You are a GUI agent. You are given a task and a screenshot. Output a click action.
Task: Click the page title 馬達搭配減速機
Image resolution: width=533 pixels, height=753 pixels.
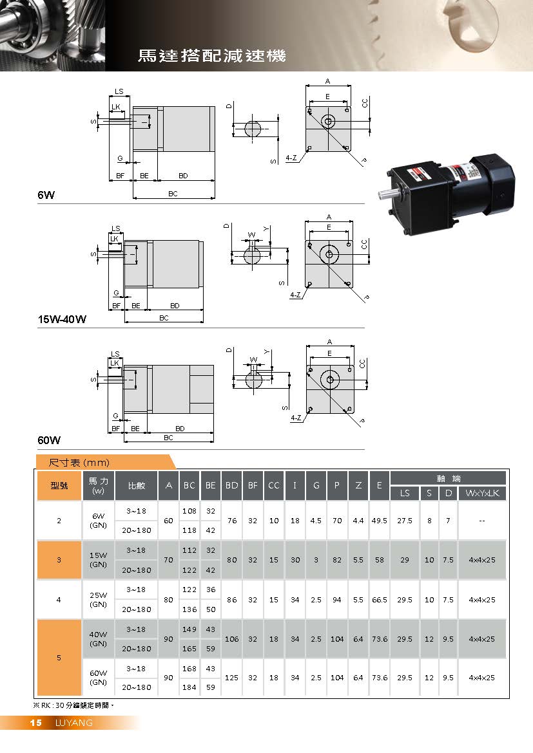point(211,56)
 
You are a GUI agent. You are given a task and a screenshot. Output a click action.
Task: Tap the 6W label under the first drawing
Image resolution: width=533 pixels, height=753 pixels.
point(46,193)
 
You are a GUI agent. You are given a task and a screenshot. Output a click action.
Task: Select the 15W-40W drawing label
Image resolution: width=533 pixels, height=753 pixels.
point(61,319)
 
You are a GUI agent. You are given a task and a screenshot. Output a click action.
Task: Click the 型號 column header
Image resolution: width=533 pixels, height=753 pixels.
point(59,485)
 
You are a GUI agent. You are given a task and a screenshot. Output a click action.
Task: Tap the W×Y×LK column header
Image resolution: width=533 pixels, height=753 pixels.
point(481,494)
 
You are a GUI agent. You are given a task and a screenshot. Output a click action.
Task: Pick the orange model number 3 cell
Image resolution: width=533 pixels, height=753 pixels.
point(59,560)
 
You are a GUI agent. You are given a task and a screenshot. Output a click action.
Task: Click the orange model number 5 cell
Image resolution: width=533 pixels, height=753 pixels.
point(59,657)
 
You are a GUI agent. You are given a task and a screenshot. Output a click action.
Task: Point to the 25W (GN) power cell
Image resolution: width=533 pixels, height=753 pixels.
point(98,600)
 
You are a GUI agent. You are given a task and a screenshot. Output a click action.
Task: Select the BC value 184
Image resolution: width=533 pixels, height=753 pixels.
point(189,687)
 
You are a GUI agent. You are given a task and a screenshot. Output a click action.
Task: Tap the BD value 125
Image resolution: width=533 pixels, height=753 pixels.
point(231,678)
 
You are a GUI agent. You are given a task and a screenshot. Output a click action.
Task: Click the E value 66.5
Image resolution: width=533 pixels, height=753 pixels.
point(379,600)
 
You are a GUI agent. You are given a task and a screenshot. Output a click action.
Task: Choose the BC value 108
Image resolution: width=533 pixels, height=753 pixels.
point(189,510)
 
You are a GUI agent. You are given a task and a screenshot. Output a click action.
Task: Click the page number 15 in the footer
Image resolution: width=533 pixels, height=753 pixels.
point(35,723)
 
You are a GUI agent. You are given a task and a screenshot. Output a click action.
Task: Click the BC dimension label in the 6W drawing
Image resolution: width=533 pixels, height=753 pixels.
point(173,193)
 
